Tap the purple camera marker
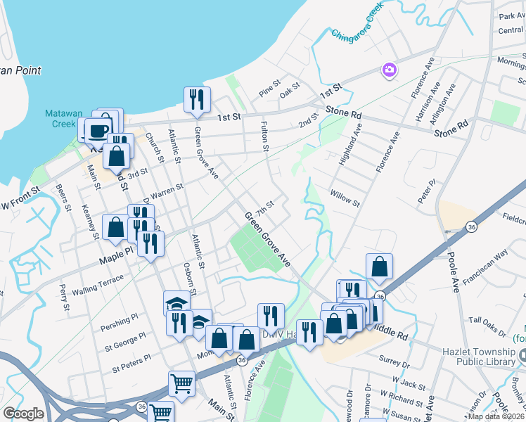389,69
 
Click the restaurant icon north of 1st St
197,99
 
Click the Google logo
23,414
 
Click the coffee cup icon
98,129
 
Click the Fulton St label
266,136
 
